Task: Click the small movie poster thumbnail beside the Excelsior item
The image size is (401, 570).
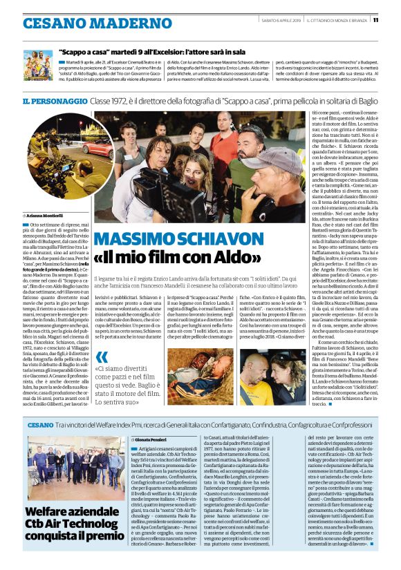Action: (38, 64)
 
